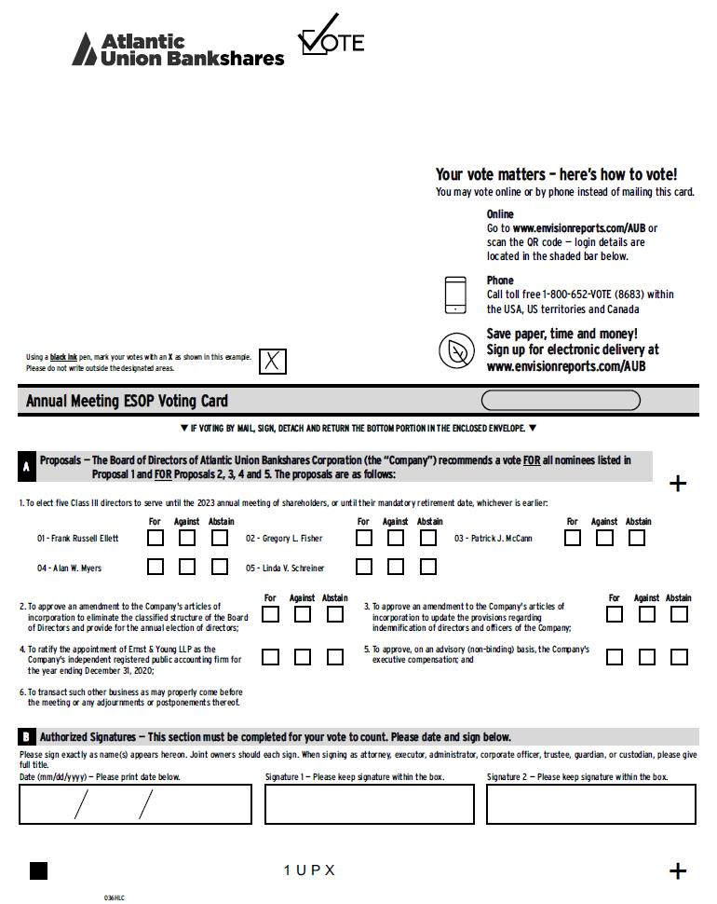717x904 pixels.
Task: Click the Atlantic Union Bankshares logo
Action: click(178, 49)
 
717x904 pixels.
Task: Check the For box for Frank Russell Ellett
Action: click(156, 538)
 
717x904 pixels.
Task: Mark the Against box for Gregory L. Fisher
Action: click(396, 538)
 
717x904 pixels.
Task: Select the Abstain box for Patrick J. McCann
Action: click(637, 538)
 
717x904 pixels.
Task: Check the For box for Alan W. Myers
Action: click(156, 567)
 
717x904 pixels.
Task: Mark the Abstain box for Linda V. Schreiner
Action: click(428, 567)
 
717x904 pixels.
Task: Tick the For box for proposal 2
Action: click(270, 614)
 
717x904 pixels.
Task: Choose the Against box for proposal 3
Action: click(647, 614)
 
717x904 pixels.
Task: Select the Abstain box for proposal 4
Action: click(334, 657)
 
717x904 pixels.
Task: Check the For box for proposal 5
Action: click(615, 657)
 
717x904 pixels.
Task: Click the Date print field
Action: click(135, 804)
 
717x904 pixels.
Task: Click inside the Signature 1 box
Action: click(370, 804)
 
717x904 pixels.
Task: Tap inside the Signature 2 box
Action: click(590, 804)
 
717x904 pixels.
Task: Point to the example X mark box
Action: click(272, 361)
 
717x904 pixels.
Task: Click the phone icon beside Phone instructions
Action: click(455, 295)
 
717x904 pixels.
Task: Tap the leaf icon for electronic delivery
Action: click(456, 350)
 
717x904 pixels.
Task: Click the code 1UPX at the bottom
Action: click(309, 870)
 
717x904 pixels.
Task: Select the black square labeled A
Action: click(27, 466)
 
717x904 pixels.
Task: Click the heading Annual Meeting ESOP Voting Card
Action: click(127, 402)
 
